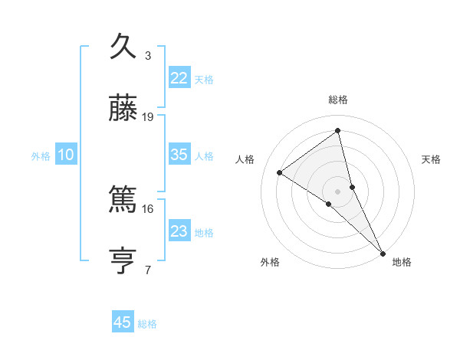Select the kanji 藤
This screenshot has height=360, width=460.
(124, 110)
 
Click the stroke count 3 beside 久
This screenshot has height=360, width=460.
(148, 56)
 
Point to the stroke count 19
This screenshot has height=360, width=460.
(148, 117)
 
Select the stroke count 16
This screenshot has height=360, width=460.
(148, 208)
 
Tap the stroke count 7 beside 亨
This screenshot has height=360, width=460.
(148, 270)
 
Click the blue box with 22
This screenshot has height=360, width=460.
(179, 78)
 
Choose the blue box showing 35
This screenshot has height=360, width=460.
(179, 155)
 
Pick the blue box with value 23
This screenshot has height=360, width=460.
(179, 231)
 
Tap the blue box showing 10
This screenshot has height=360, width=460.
(66, 155)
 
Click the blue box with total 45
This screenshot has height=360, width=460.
(123, 322)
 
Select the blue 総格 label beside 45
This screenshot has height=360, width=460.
(147, 324)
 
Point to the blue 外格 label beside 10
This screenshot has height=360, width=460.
(41, 156)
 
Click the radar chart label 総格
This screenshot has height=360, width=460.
(338, 100)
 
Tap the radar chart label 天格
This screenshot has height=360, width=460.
(431, 159)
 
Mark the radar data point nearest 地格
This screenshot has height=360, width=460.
(383, 252)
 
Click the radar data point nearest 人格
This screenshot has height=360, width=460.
(280, 173)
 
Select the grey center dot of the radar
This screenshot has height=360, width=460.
(338, 191)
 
